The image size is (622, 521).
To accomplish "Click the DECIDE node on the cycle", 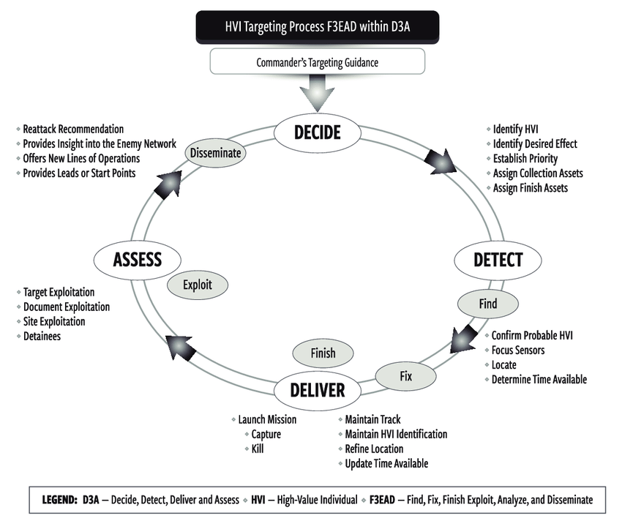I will coord(317,132).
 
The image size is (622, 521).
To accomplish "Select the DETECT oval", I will coord(498,260).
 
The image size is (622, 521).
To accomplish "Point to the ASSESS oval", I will coord(137,259).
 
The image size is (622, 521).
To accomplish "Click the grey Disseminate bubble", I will coord(215,153).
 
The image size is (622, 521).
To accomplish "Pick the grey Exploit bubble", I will coord(198,285).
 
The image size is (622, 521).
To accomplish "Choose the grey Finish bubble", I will coord(323,353).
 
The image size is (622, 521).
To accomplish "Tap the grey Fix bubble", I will coord(406,376).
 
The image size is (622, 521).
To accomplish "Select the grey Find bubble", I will coord(488,304).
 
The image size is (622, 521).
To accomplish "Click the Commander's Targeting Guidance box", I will coord(317,63).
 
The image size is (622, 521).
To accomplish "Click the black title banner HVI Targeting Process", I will coord(317,27).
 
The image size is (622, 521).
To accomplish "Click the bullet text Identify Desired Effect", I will coord(534,143).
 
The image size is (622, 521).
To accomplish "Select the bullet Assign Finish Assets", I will coord(530,187).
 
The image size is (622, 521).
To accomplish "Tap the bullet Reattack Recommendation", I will coord(73,129).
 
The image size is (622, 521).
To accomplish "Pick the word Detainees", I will coord(42,336).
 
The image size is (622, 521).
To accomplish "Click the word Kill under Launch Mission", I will coord(257,449).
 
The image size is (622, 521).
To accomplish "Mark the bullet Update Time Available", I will coord(386,463).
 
